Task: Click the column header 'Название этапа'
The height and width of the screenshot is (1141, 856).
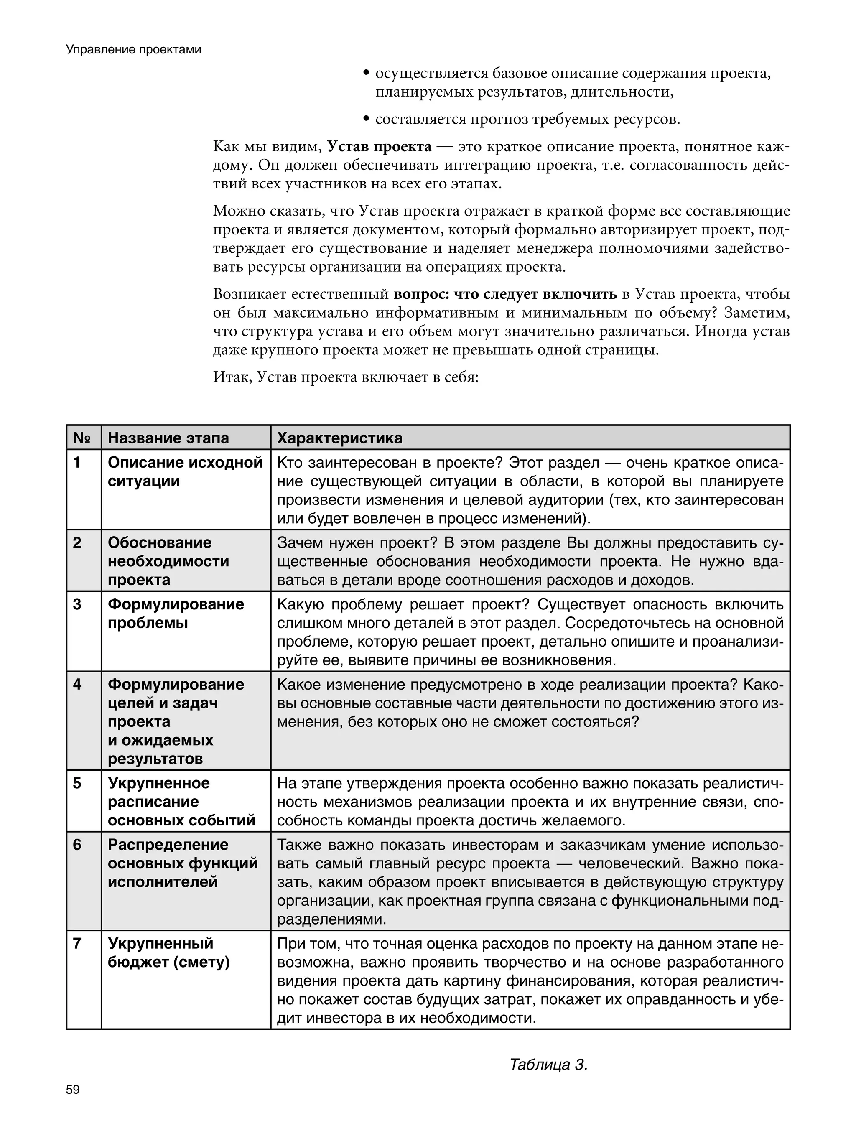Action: point(168,438)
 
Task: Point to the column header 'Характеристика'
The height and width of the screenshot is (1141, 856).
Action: point(339,438)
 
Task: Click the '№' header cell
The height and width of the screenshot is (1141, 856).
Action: point(82,438)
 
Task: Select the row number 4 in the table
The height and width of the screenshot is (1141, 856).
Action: point(77,685)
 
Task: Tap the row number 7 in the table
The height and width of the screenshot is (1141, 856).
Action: point(77,943)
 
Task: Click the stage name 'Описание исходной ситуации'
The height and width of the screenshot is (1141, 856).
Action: point(185,471)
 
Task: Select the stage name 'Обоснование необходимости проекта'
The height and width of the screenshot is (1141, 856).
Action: point(168,561)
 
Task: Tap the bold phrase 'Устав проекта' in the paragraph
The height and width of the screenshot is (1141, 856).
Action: point(379,147)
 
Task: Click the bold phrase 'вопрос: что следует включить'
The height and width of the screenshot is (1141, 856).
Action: point(505,295)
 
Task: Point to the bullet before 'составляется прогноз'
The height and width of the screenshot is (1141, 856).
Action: point(366,120)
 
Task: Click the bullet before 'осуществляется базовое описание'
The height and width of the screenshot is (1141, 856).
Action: point(366,74)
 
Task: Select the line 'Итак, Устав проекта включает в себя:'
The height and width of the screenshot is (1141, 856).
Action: point(346,377)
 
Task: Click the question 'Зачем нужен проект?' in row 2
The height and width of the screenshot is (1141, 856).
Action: point(352,542)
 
